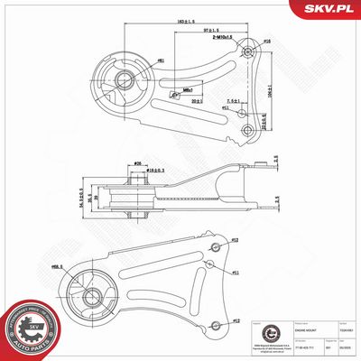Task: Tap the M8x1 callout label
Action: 187,90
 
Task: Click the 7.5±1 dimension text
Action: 233,101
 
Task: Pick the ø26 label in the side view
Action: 137,164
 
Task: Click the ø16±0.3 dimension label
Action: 156,170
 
